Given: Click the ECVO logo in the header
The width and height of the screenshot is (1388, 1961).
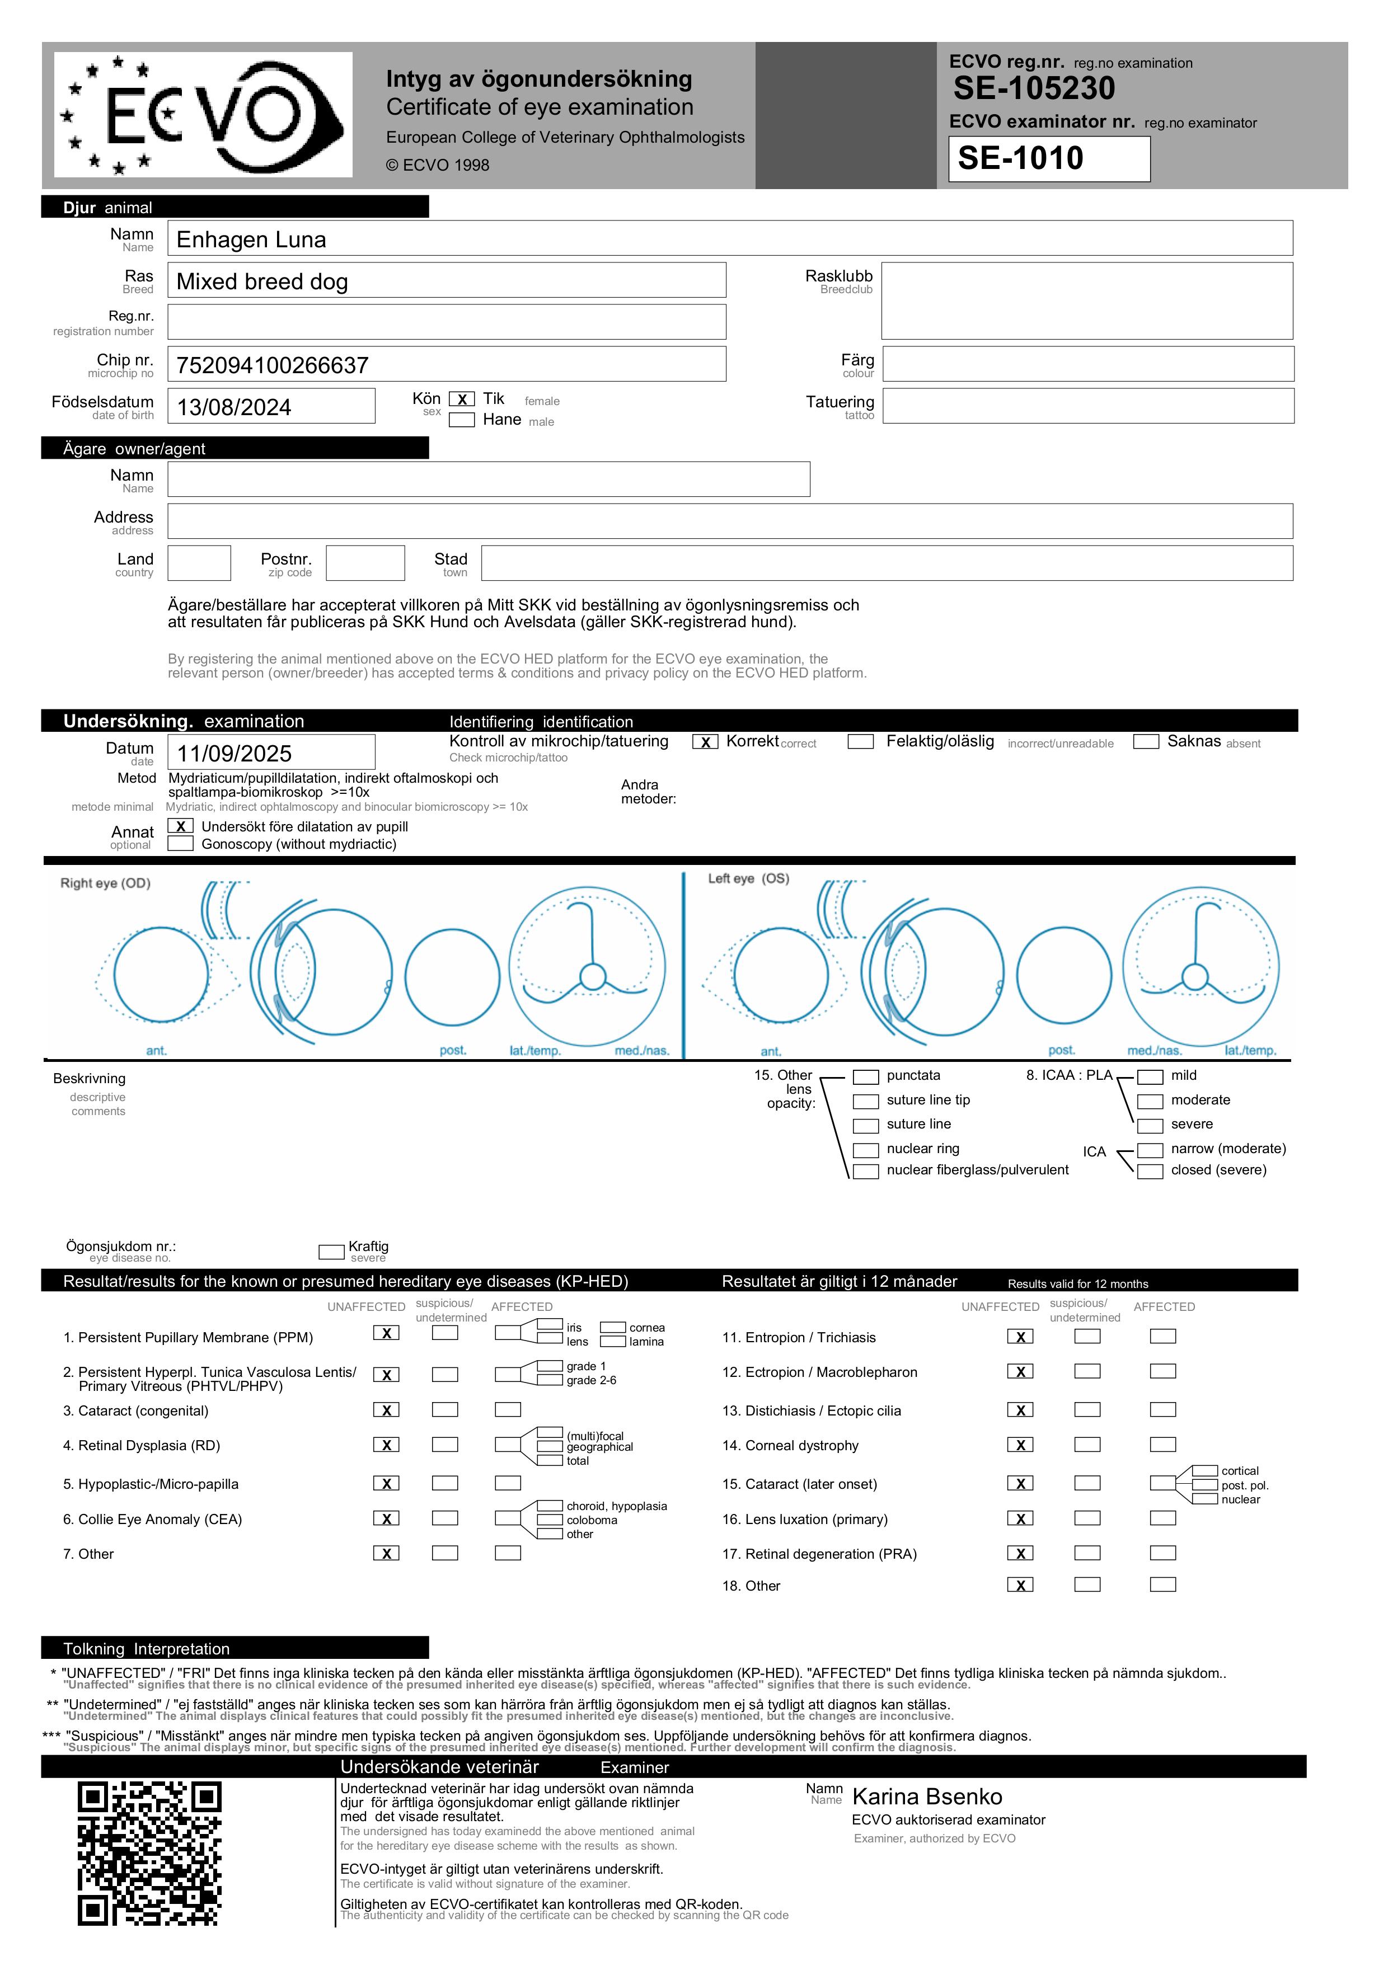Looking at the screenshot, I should [x=203, y=115].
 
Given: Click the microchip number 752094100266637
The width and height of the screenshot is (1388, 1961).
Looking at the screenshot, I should [x=272, y=366].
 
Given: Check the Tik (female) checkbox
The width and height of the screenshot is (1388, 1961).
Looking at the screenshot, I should [x=462, y=399].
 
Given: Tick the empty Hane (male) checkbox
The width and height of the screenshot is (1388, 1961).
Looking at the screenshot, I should [x=462, y=420].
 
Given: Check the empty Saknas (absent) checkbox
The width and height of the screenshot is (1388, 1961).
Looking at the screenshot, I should [x=1145, y=742].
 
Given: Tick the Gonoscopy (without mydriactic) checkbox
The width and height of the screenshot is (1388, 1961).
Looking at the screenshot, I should [x=180, y=844].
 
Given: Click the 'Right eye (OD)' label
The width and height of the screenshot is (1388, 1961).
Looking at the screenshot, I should [x=105, y=883].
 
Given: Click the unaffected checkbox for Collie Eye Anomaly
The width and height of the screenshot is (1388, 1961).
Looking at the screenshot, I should [x=386, y=1518].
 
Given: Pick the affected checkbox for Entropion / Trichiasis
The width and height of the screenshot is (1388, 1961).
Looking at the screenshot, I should [x=1162, y=1337].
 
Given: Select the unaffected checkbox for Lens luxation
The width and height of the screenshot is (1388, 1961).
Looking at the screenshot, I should [x=1020, y=1518].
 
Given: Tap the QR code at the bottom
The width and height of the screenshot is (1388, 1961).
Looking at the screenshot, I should [x=149, y=1854].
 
